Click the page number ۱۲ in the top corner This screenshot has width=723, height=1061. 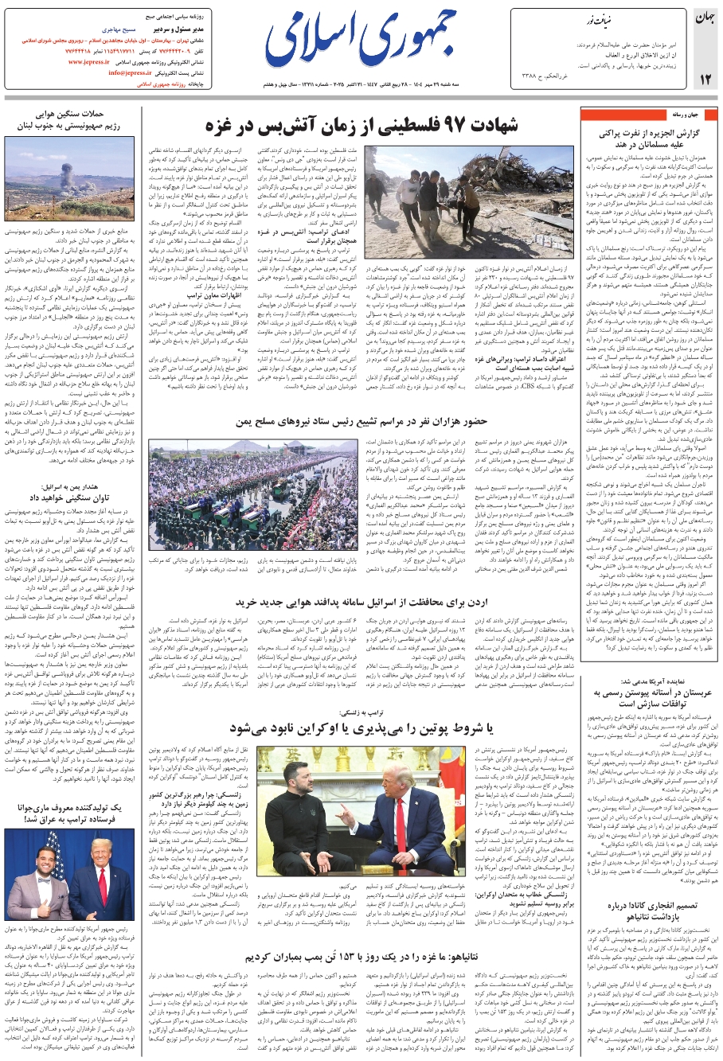(x=705, y=79)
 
